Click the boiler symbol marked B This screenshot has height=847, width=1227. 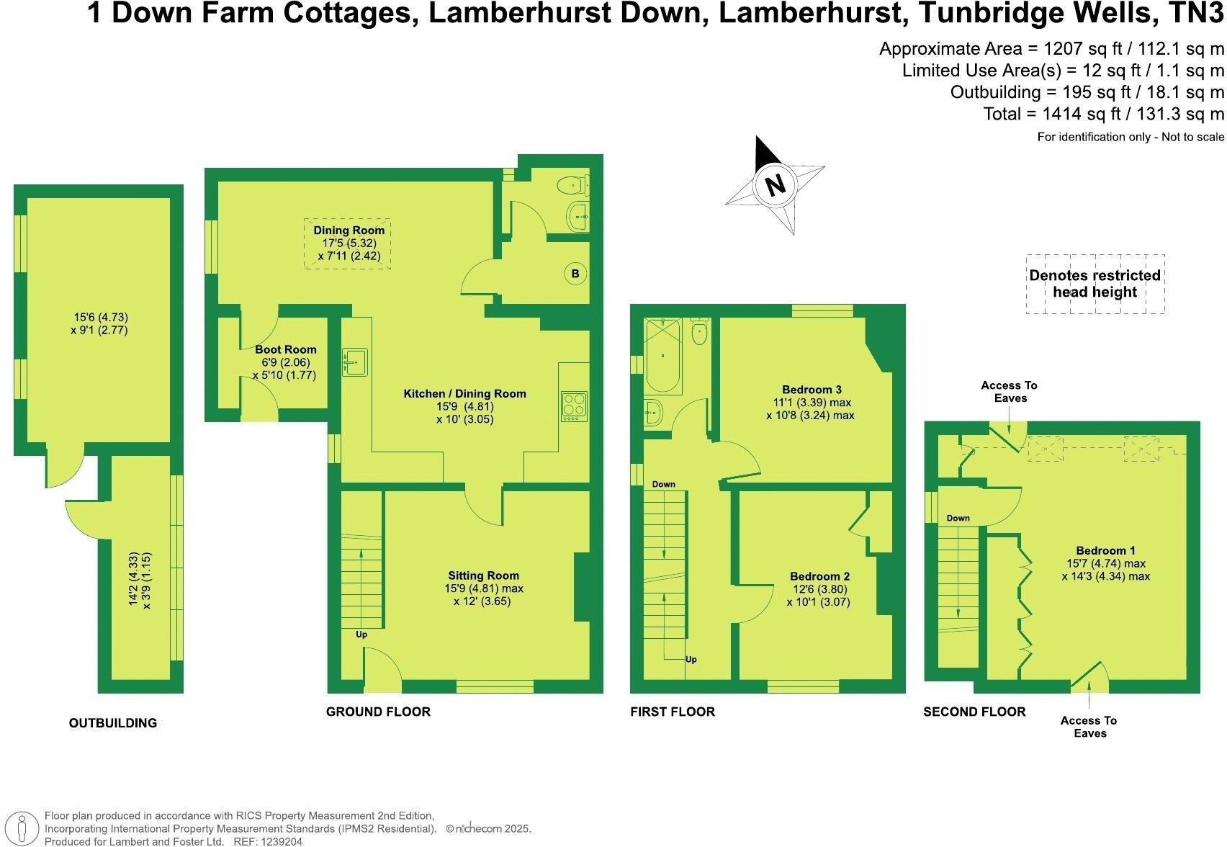click(x=575, y=274)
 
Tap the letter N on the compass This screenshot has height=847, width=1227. click(x=775, y=185)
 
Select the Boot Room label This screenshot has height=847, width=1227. click(x=285, y=349)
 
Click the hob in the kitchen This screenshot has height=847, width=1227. click(x=574, y=405)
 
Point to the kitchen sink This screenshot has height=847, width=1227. click(x=355, y=361)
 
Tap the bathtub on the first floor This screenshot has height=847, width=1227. click(x=663, y=357)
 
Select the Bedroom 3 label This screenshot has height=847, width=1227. click(x=812, y=389)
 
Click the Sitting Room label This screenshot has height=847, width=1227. click(x=483, y=575)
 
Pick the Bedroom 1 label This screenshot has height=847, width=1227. click(x=1105, y=551)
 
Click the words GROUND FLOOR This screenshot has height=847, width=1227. click(x=378, y=712)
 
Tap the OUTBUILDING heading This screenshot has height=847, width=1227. click(x=112, y=723)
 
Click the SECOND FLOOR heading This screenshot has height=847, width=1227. click(x=974, y=712)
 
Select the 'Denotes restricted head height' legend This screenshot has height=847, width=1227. click(x=1095, y=284)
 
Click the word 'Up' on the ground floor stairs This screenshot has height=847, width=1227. click(x=361, y=635)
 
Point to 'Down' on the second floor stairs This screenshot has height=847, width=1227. click(x=958, y=518)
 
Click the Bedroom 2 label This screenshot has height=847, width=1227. click(x=819, y=576)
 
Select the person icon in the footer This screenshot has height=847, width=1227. click(x=23, y=828)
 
